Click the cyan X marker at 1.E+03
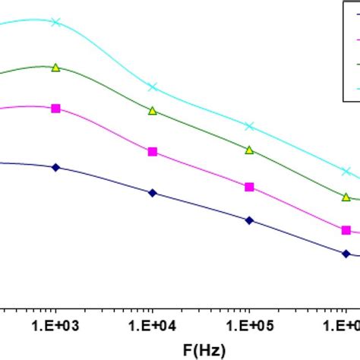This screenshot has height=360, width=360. click(55, 22)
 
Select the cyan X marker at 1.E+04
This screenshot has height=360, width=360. click(153, 87)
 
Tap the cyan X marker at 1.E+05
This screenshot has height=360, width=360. click(250, 126)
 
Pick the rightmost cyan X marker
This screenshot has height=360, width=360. click(346, 172)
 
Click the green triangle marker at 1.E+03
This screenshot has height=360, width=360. click(55, 68)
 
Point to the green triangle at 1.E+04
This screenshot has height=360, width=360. click(153, 111)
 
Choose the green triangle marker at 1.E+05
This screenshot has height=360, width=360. click(250, 150)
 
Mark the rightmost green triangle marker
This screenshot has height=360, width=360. click(346, 197)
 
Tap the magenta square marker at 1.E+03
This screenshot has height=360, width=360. click(55, 109)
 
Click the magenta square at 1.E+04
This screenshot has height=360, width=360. click(153, 152)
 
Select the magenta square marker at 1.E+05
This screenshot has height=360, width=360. click(250, 186)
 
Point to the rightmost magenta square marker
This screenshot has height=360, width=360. click(346, 229)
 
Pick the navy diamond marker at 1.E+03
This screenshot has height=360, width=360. click(55, 166)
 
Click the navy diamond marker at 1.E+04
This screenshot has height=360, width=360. click(153, 194)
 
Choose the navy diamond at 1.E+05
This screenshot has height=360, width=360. click(250, 220)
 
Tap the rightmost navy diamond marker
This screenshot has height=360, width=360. click(346, 254)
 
